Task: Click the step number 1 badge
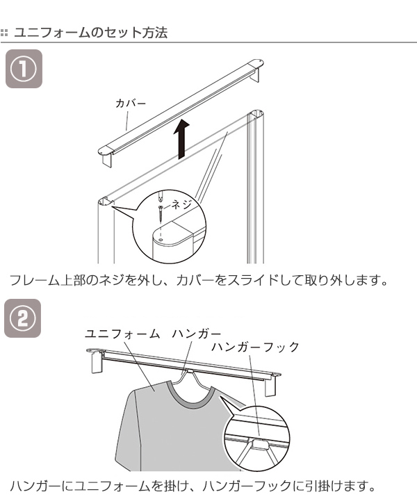(24, 69)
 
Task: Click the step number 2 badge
(23, 318)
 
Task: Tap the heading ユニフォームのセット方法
(91, 33)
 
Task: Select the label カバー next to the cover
(131, 104)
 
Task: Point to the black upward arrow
(182, 138)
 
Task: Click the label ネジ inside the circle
(181, 204)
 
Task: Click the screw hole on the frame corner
(161, 239)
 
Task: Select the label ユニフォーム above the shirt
(122, 334)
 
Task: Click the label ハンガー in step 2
(197, 334)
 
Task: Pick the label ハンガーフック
(255, 347)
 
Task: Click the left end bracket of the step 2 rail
(97, 362)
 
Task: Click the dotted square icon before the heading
(4, 33)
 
